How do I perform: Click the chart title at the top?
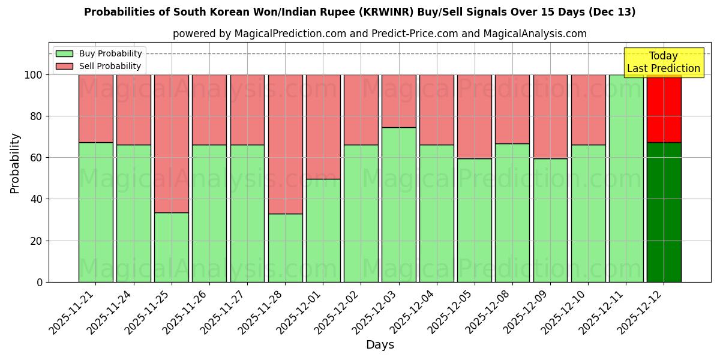tap(359, 12)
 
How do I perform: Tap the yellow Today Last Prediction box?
tap(663, 62)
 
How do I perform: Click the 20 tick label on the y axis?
tap(37, 241)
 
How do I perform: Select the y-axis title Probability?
tap(15, 163)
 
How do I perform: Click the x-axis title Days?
tap(380, 345)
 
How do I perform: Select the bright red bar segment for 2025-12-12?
tap(664, 109)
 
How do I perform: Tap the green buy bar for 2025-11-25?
tap(172, 247)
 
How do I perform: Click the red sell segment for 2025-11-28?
tap(285, 144)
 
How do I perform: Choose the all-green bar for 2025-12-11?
tap(626, 178)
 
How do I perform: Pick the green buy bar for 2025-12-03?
tap(399, 205)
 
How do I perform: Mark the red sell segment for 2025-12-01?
tap(323, 127)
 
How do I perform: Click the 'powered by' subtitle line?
tap(379, 34)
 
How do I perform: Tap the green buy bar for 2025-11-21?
tap(95, 212)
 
